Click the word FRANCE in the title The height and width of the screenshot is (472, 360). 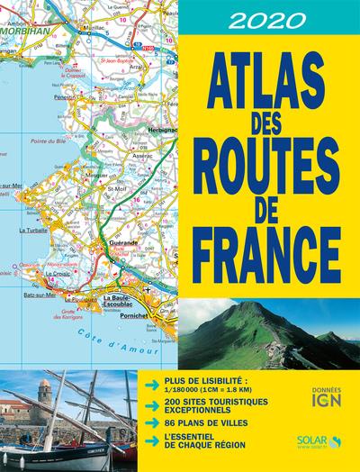click(x=261, y=252)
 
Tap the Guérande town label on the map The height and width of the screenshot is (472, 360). click(x=122, y=244)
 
